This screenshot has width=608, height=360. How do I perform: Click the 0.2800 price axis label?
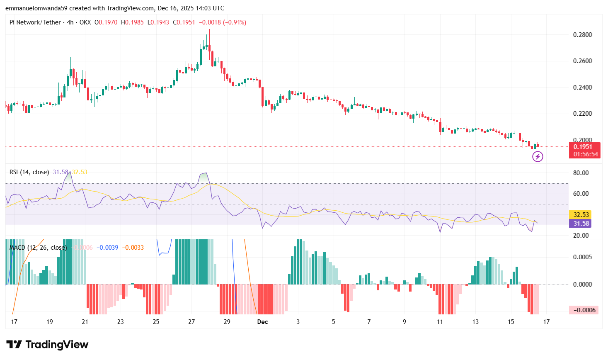tap(582, 35)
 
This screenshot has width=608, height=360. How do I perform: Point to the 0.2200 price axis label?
tap(582, 114)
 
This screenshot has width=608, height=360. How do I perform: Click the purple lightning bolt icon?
tap(538, 156)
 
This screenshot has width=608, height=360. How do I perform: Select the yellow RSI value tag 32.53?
tap(581, 214)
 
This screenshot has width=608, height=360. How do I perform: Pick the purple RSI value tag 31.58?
tap(581, 224)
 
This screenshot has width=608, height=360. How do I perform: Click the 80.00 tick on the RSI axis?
tap(581, 173)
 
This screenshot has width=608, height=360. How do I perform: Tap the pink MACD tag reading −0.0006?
tap(584, 310)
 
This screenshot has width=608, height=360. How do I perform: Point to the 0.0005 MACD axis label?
tap(582, 257)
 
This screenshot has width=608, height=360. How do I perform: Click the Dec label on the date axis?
tap(262, 322)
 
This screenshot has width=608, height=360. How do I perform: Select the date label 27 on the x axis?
tap(191, 322)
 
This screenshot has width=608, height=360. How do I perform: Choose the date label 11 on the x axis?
tap(440, 322)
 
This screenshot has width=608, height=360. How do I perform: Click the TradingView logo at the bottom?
tap(47, 345)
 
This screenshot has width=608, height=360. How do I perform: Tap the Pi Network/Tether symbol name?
tap(35, 22)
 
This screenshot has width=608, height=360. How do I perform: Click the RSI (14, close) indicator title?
tap(29, 172)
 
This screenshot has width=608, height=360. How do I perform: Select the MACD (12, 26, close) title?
tap(38, 248)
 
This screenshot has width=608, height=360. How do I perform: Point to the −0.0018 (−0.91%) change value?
tap(223, 22)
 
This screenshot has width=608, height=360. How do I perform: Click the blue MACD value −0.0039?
tap(107, 248)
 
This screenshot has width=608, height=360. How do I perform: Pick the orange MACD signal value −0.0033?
tap(133, 248)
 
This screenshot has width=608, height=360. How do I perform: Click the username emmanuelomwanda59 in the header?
tap(36, 8)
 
